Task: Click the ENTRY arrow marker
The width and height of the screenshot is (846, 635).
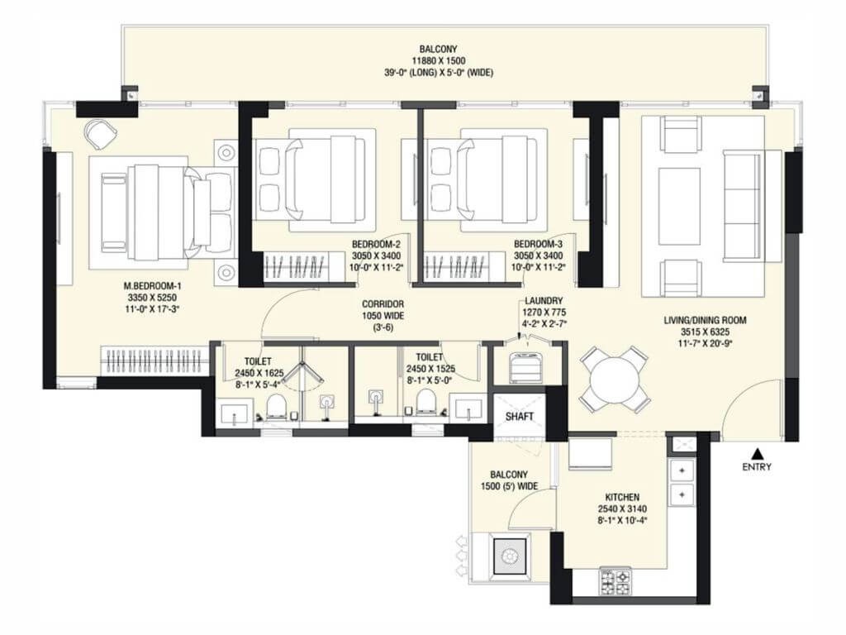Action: pos(756,452)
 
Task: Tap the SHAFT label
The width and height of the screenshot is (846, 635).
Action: pos(519,416)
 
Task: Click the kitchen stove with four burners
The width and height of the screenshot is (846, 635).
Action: pos(614,578)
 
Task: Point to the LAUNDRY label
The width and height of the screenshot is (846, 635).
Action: pos(543,301)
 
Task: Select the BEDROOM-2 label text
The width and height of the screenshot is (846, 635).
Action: pos(376,245)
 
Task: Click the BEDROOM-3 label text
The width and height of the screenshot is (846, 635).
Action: pos(538,245)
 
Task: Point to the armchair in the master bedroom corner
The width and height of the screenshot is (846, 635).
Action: pos(101,134)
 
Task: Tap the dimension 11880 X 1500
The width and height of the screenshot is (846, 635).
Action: pos(442,60)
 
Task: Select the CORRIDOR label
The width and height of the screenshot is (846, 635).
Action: pos(382,303)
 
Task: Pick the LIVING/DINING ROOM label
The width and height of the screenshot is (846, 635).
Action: pos(705,320)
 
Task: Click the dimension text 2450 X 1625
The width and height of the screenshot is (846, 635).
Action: pos(259,372)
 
